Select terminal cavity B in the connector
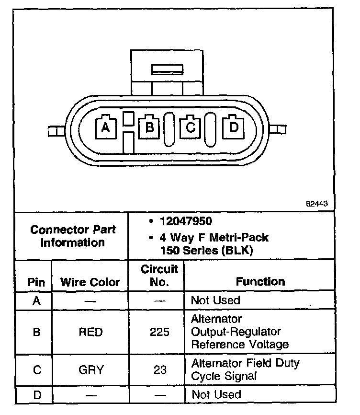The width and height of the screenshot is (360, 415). pos(149,127)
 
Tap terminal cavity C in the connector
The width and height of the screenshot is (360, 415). pos(190,127)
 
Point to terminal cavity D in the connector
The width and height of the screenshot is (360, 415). pos(233,127)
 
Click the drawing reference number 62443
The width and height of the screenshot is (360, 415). pos(317,203)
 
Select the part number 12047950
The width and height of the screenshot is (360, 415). pos(186,221)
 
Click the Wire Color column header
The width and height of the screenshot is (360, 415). pos(90,282)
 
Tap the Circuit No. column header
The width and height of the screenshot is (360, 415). pos(159,275)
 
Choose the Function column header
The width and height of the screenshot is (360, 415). pos(260,281)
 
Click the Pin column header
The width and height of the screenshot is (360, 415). pos(36,282)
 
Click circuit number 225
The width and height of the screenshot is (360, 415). pos(159,332)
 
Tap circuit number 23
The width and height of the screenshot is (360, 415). pos(159,370)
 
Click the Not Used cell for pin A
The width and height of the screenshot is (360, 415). pos(215,300)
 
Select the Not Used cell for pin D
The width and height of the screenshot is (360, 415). pos(216,394)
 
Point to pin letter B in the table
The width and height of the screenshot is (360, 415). pos(36,332)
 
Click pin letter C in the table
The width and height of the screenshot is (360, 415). pos(36,370)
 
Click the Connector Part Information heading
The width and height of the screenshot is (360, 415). pos(73,236)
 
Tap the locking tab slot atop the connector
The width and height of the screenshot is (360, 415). pos(167,69)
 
